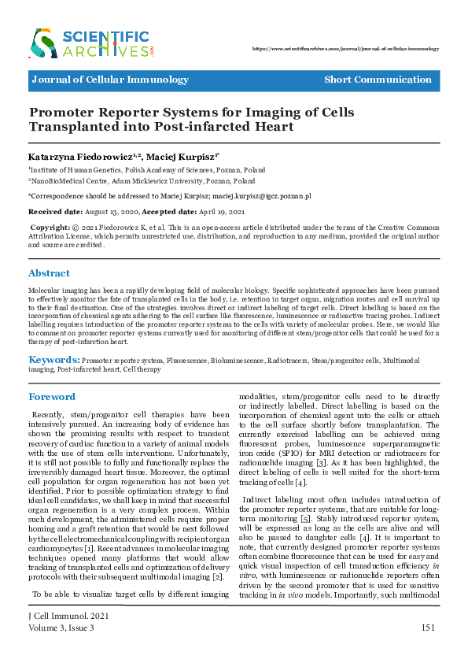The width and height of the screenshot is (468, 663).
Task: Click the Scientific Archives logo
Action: [x=91, y=43]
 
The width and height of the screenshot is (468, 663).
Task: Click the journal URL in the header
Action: [x=345, y=49]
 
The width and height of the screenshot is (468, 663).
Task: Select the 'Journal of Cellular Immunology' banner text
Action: [x=110, y=80]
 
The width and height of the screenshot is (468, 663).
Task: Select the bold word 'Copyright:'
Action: [x=49, y=227]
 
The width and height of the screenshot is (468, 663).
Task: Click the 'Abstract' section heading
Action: [x=49, y=273]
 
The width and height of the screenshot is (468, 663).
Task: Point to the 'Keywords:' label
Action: [x=53, y=360]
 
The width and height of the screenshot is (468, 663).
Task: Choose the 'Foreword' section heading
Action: [x=52, y=397]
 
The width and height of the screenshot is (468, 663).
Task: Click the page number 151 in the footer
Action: [x=428, y=628]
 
